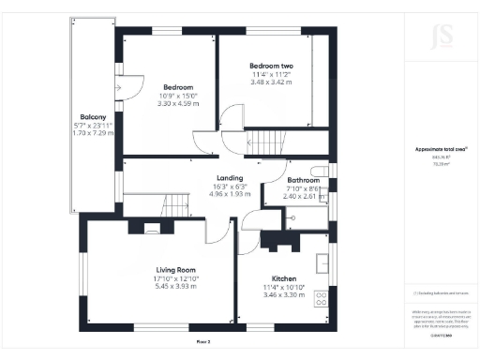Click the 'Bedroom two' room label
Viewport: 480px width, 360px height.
tap(271, 66)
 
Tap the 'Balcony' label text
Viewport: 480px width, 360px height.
tap(91, 117)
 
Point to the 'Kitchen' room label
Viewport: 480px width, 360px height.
tap(284, 279)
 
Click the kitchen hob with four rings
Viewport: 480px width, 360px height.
tap(322, 299)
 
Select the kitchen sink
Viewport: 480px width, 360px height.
tap(322, 262)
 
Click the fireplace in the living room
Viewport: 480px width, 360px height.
tap(152, 227)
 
